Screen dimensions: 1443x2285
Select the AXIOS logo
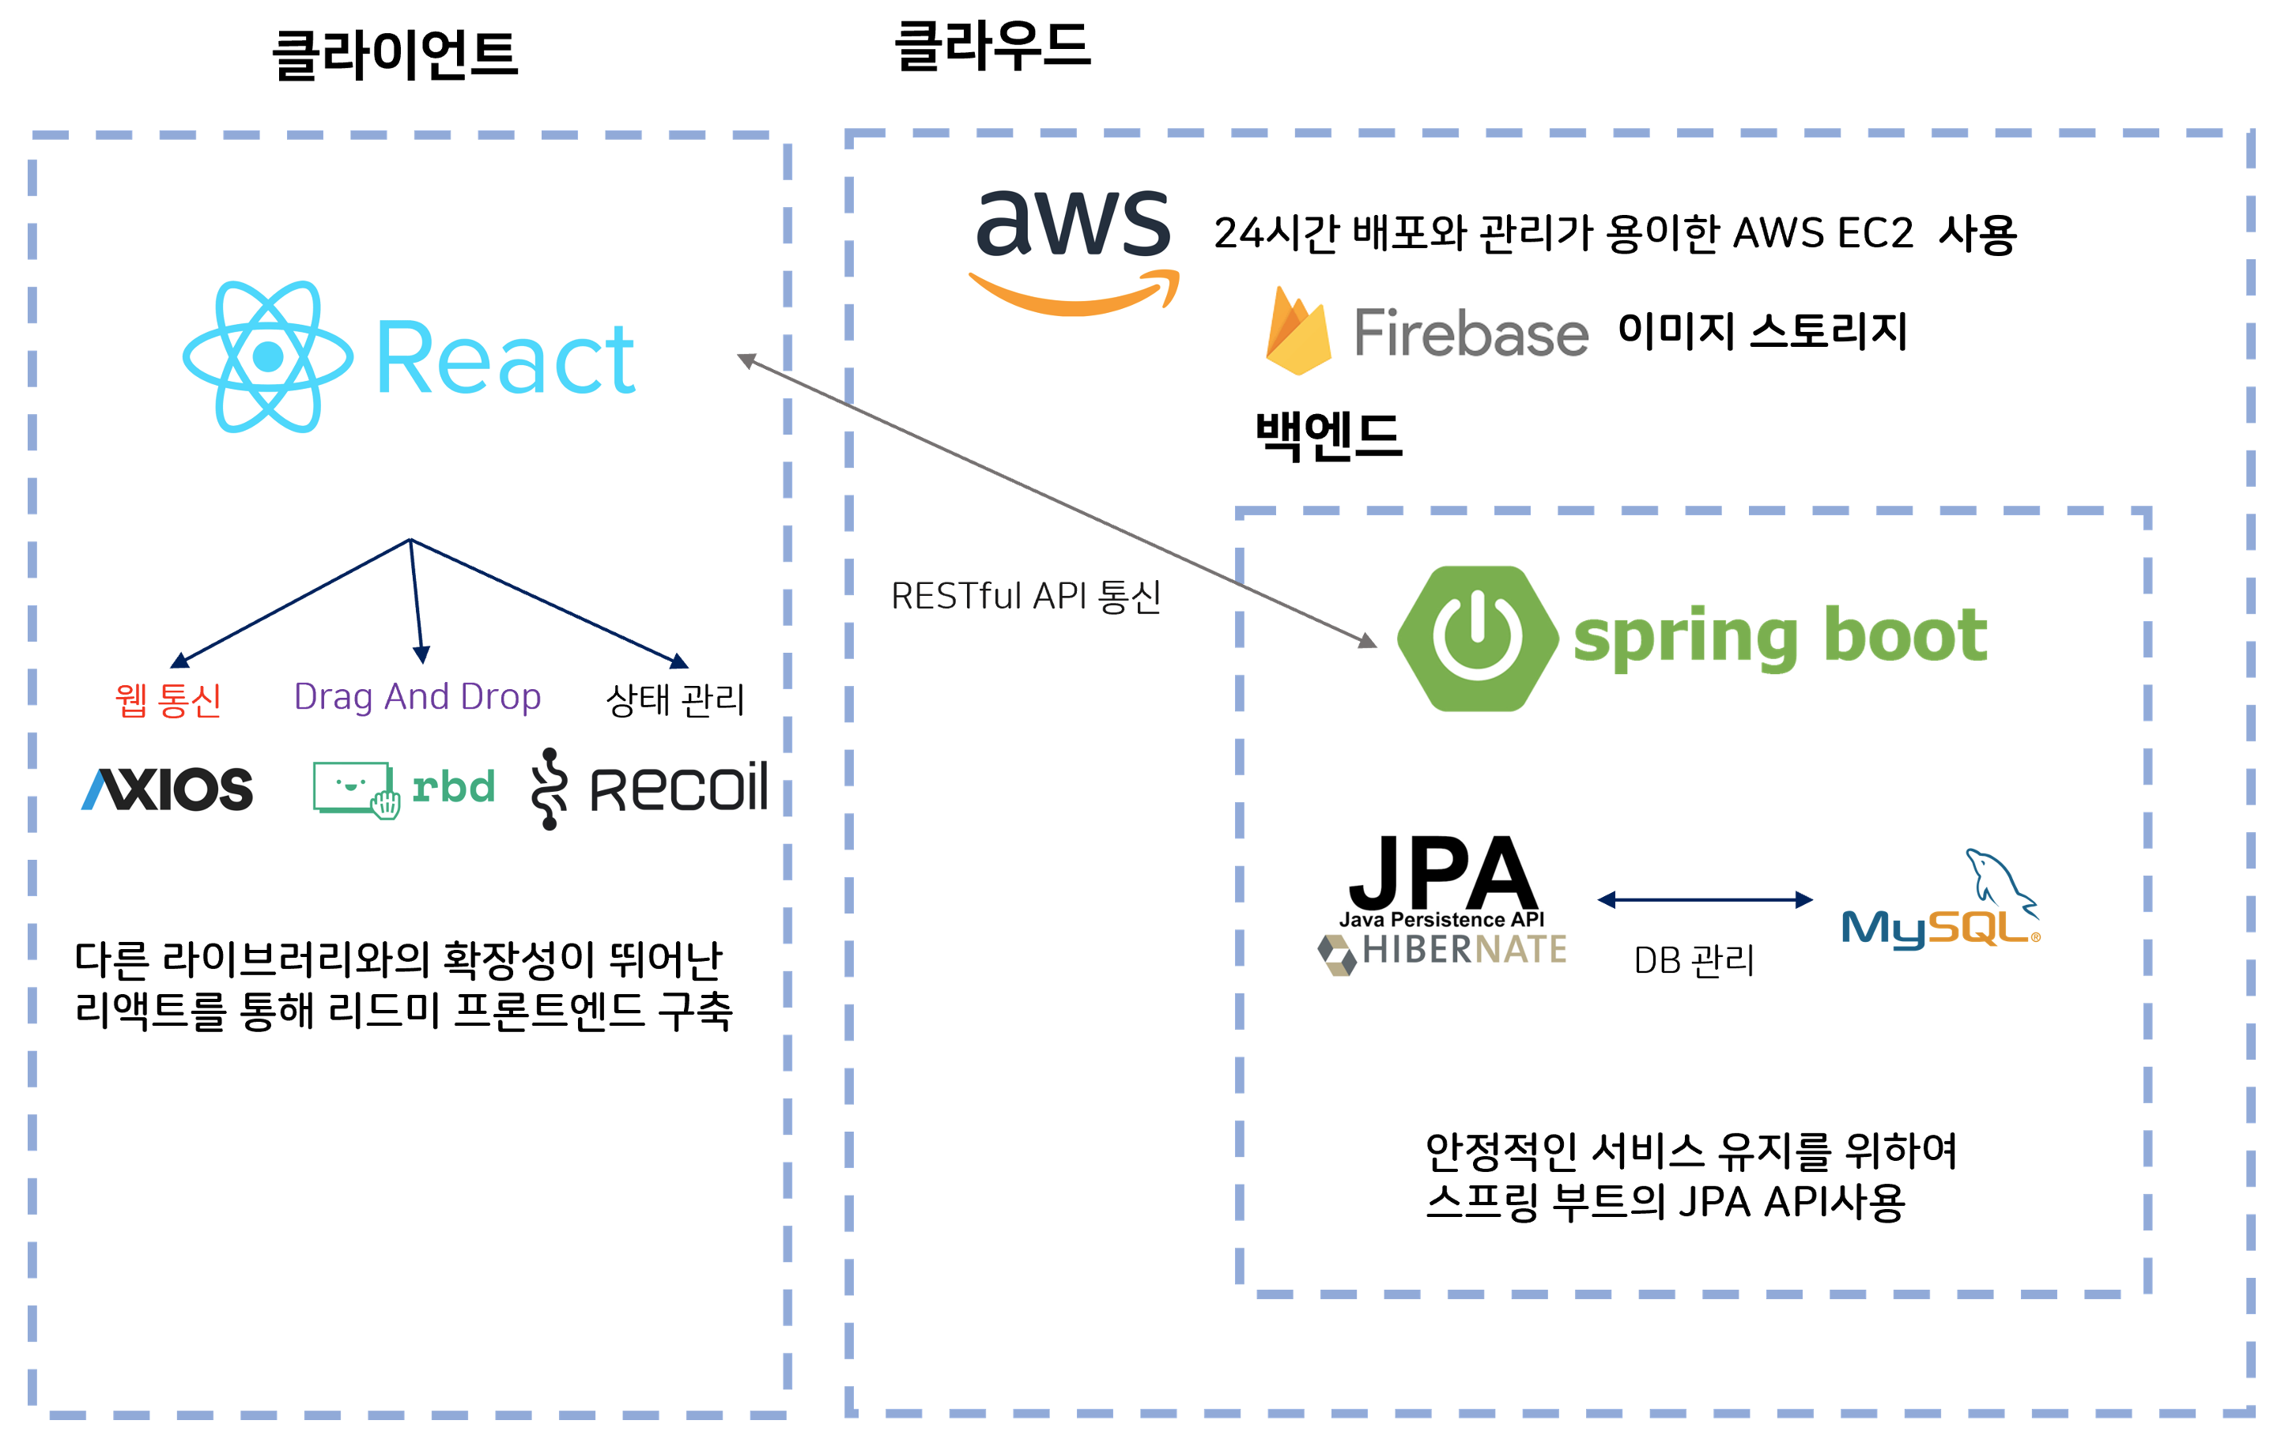(x=168, y=789)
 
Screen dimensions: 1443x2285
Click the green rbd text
(x=454, y=786)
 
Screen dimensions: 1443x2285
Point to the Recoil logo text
(x=678, y=787)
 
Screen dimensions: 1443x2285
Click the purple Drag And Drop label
(x=417, y=696)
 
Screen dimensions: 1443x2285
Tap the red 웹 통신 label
(x=168, y=700)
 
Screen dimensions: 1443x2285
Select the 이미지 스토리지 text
(x=1762, y=331)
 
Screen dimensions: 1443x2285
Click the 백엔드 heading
(x=1328, y=436)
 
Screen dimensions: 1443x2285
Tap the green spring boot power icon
(x=1478, y=639)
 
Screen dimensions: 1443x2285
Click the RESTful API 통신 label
(x=1025, y=597)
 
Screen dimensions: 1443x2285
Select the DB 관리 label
(x=1694, y=960)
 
